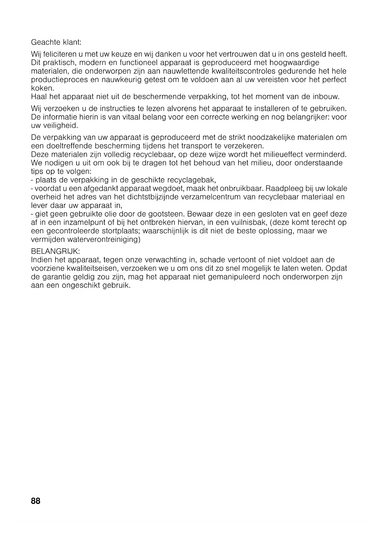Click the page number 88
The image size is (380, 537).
click(x=36, y=501)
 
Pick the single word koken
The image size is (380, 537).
click(x=42, y=88)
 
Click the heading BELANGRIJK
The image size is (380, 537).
click(x=55, y=251)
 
